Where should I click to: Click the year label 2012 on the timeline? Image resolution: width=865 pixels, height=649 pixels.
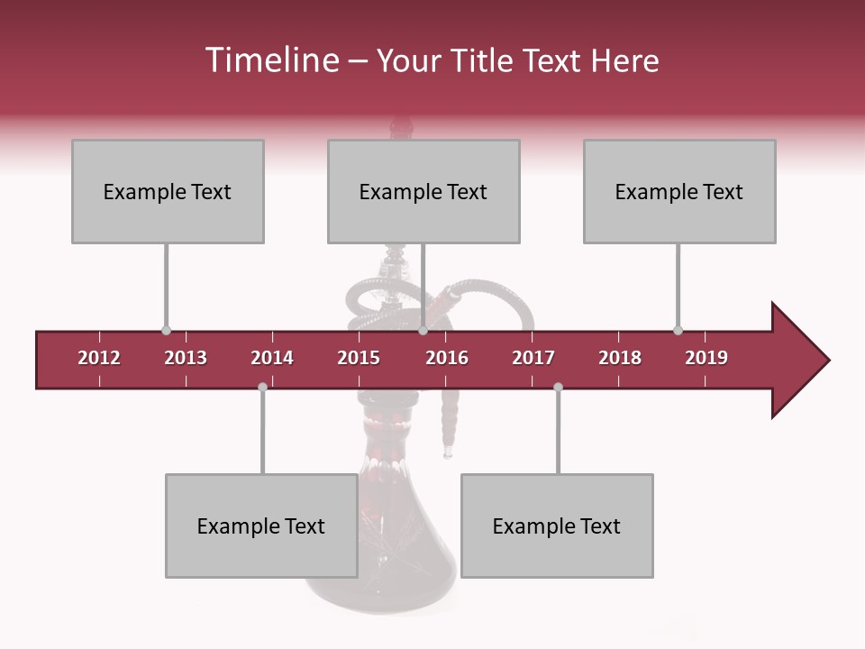click(99, 358)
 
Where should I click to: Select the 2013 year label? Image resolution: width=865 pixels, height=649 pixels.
click(186, 358)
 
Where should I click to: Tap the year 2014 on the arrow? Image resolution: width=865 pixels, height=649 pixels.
click(272, 358)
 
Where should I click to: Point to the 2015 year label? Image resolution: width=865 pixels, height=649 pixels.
click(359, 358)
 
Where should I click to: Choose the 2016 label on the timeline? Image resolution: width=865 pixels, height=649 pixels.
click(447, 358)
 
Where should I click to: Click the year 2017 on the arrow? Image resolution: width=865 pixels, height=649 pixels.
click(533, 358)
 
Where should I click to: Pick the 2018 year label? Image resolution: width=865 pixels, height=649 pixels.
click(620, 358)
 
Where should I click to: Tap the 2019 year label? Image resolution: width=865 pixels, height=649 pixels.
click(706, 358)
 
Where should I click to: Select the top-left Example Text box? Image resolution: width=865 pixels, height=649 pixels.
click(168, 191)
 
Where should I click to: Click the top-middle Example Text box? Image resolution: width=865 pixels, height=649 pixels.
click(423, 191)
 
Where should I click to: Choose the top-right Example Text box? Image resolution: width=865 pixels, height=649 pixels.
click(679, 191)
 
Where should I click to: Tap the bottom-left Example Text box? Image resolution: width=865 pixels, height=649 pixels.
click(261, 526)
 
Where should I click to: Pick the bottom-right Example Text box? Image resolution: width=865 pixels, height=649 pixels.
click(557, 526)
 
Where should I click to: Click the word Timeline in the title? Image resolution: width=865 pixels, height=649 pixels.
click(270, 60)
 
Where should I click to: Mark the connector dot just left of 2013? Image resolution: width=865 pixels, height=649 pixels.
click(166, 331)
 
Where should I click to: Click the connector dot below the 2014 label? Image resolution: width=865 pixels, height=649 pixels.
click(262, 387)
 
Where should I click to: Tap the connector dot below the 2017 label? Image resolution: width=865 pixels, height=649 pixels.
click(558, 387)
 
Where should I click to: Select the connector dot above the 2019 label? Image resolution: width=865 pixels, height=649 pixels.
click(678, 331)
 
